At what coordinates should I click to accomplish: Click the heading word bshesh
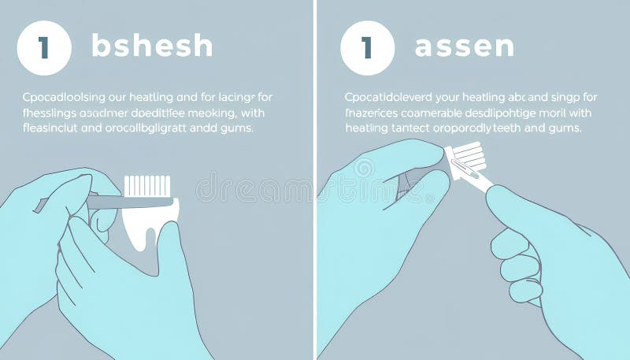pyautogui.click(x=152, y=46)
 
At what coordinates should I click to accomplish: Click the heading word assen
pyautogui.click(x=464, y=46)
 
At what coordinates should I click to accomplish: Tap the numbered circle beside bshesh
pyautogui.click(x=44, y=47)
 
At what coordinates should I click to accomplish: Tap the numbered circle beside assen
pyautogui.click(x=367, y=47)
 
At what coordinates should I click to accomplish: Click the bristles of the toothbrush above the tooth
pyautogui.click(x=147, y=186)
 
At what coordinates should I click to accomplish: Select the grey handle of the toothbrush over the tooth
pyautogui.click(x=118, y=202)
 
